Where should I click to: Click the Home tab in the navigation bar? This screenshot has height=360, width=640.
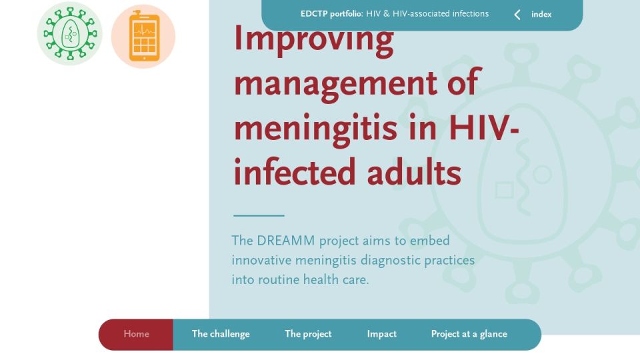[x=136, y=334]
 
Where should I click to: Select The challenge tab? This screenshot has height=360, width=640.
[x=221, y=334]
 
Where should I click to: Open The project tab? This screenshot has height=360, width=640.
[x=308, y=334]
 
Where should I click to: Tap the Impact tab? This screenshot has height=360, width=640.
[x=381, y=334]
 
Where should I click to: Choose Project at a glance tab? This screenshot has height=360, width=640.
[x=469, y=334]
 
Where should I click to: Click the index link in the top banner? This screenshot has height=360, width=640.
[x=541, y=14]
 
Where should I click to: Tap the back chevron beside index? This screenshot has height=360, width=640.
[x=517, y=15]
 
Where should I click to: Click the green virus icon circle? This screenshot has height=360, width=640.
[x=70, y=33]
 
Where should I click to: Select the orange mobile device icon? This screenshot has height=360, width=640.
[x=143, y=36]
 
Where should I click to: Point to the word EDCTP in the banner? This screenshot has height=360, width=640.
[x=314, y=14]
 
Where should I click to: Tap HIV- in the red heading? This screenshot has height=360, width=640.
[x=484, y=128]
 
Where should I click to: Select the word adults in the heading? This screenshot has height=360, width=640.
[x=414, y=171]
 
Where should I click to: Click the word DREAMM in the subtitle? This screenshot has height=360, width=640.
[x=286, y=241]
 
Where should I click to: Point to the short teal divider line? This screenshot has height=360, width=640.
[x=259, y=215]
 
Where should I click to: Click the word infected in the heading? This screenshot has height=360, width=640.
[x=294, y=171]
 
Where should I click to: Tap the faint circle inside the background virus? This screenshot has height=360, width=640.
[x=542, y=175]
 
